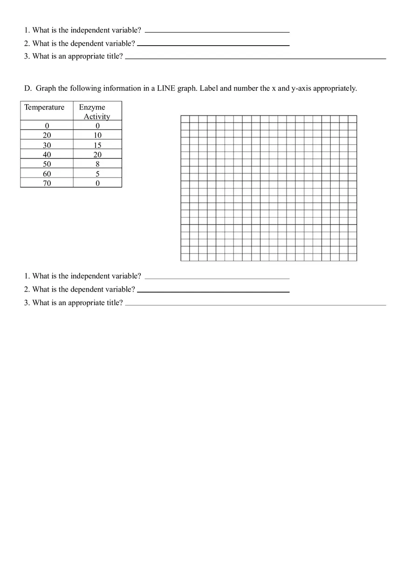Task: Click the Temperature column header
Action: pos(44,108)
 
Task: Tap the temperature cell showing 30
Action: pos(47,145)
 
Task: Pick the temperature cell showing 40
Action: pos(47,155)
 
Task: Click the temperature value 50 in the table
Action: pos(47,164)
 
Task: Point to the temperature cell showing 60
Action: pos(47,174)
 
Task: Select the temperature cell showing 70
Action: pos(47,183)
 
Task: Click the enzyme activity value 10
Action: pos(97,136)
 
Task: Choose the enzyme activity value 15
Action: pos(97,145)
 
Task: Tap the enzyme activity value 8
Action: pos(97,164)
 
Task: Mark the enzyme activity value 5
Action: pos(97,174)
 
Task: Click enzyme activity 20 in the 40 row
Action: pos(97,155)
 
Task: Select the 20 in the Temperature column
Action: pos(47,136)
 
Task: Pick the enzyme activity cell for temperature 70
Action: pos(97,183)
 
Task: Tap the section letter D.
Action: pos(27,89)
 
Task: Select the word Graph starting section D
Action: pos(46,89)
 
